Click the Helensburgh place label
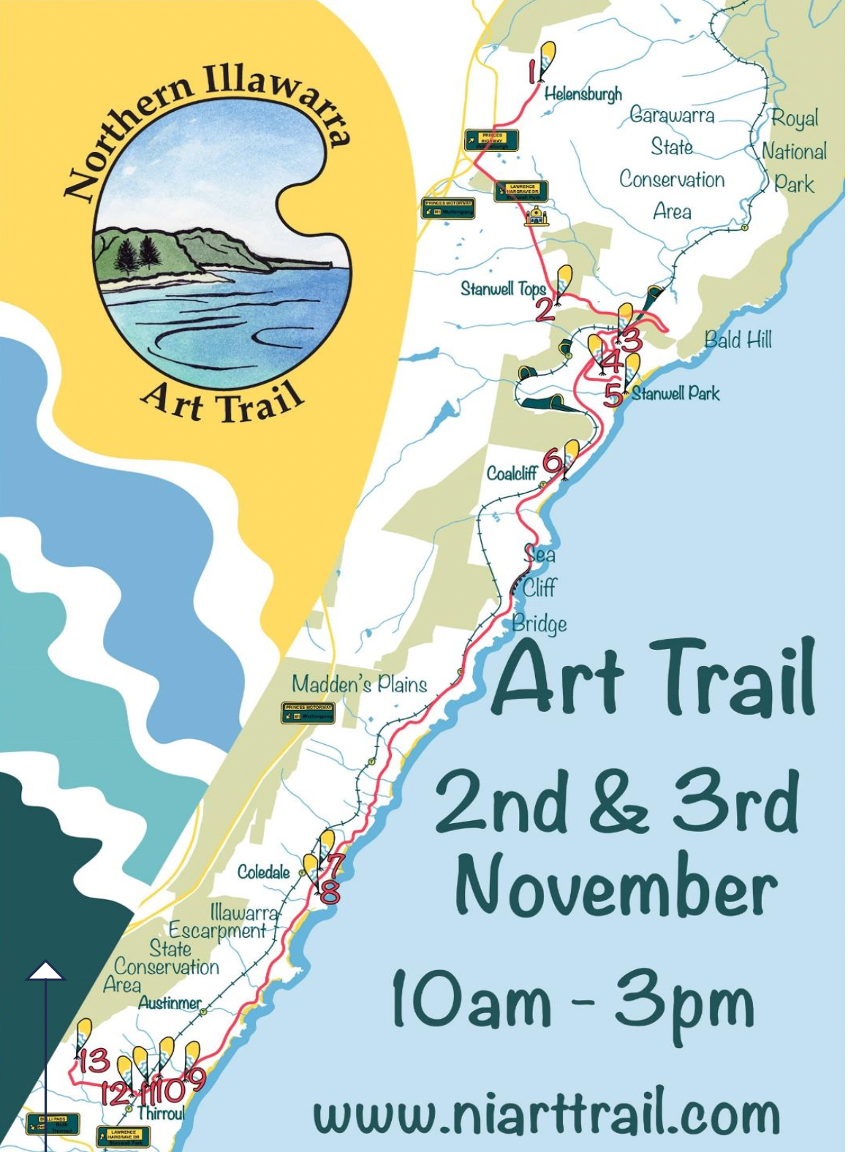[583, 94]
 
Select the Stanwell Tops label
[503, 289]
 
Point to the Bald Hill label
[738, 340]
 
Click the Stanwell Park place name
[675, 394]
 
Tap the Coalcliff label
[512, 474]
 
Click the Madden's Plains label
[359, 684]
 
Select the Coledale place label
[263, 872]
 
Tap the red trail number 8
[330, 893]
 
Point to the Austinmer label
[170, 1003]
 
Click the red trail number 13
[94, 1061]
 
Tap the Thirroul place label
[160, 1113]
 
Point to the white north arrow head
[46, 970]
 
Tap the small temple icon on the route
[537, 216]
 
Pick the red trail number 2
[545, 309]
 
